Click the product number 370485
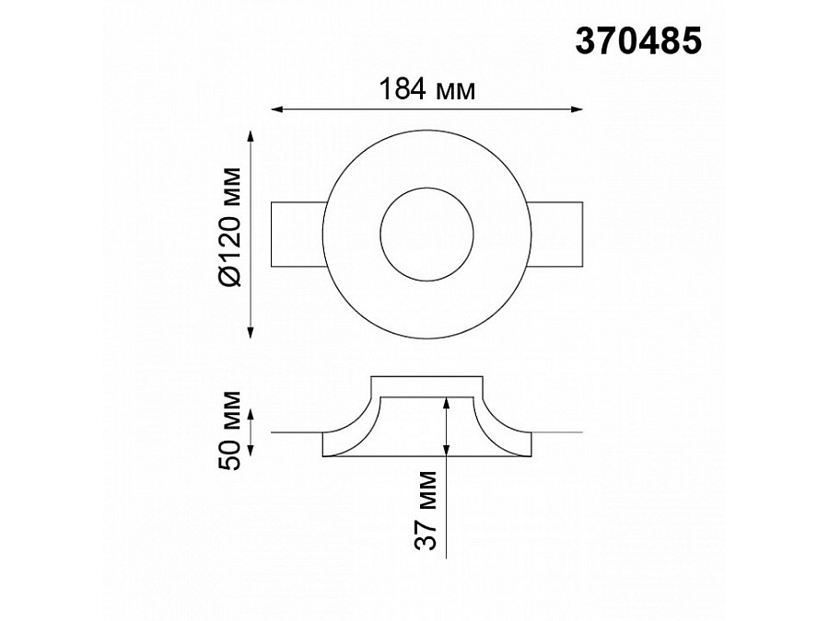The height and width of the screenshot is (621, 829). [x=638, y=41]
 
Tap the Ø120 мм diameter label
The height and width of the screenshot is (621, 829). [x=229, y=227]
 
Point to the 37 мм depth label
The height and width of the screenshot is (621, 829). [x=426, y=511]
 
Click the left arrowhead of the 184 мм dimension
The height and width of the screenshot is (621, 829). [x=277, y=109]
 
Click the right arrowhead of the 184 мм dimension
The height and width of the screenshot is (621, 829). [x=577, y=109]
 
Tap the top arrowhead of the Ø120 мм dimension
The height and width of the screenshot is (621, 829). [x=251, y=136]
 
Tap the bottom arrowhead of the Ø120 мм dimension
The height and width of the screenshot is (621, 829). [x=251, y=331]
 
